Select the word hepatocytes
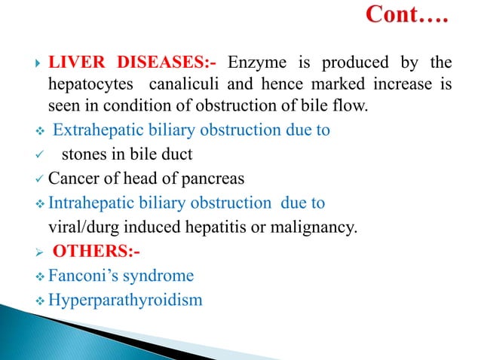point(90,84)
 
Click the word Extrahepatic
point(105,130)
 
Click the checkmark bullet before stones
point(33,155)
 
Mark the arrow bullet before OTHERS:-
point(33,251)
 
